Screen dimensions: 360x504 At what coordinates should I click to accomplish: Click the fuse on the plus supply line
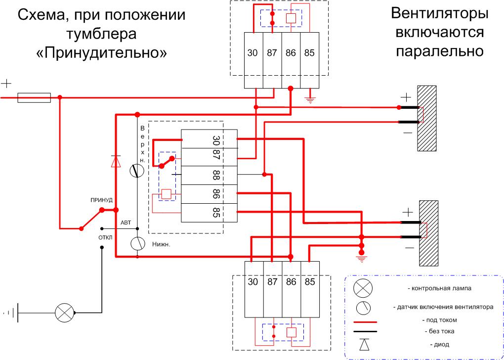34,98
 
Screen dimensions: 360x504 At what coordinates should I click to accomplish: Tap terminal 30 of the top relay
252,53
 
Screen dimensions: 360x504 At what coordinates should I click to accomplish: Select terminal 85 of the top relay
309,53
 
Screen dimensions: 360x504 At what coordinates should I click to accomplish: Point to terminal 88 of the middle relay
216,175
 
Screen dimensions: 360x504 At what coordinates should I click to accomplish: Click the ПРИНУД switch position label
102,200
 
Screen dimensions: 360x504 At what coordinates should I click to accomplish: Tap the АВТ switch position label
126,223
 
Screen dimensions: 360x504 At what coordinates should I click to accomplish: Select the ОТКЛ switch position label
105,237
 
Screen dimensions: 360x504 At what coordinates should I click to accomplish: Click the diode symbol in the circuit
116,161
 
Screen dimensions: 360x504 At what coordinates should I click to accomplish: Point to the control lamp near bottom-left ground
64,313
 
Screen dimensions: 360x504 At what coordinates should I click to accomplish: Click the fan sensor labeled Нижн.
137,243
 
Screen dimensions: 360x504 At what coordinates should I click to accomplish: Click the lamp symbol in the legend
363,288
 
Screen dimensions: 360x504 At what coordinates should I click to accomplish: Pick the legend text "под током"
437,319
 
